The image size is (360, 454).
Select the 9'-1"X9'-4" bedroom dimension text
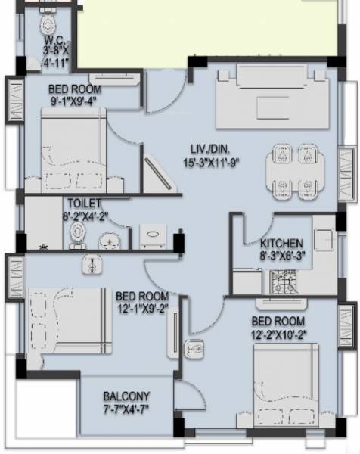[74, 101]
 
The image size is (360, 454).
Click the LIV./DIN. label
[210, 149]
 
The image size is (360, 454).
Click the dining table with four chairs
[295, 169]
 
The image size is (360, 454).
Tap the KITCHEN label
[281, 244]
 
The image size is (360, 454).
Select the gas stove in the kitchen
[286, 284]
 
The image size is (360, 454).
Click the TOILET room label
[83, 204]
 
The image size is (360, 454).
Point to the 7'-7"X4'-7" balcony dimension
[127, 409]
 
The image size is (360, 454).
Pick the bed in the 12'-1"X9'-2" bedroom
[67, 319]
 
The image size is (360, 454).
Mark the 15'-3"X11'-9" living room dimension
[211, 161]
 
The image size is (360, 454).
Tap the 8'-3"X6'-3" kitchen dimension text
[281, 257]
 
